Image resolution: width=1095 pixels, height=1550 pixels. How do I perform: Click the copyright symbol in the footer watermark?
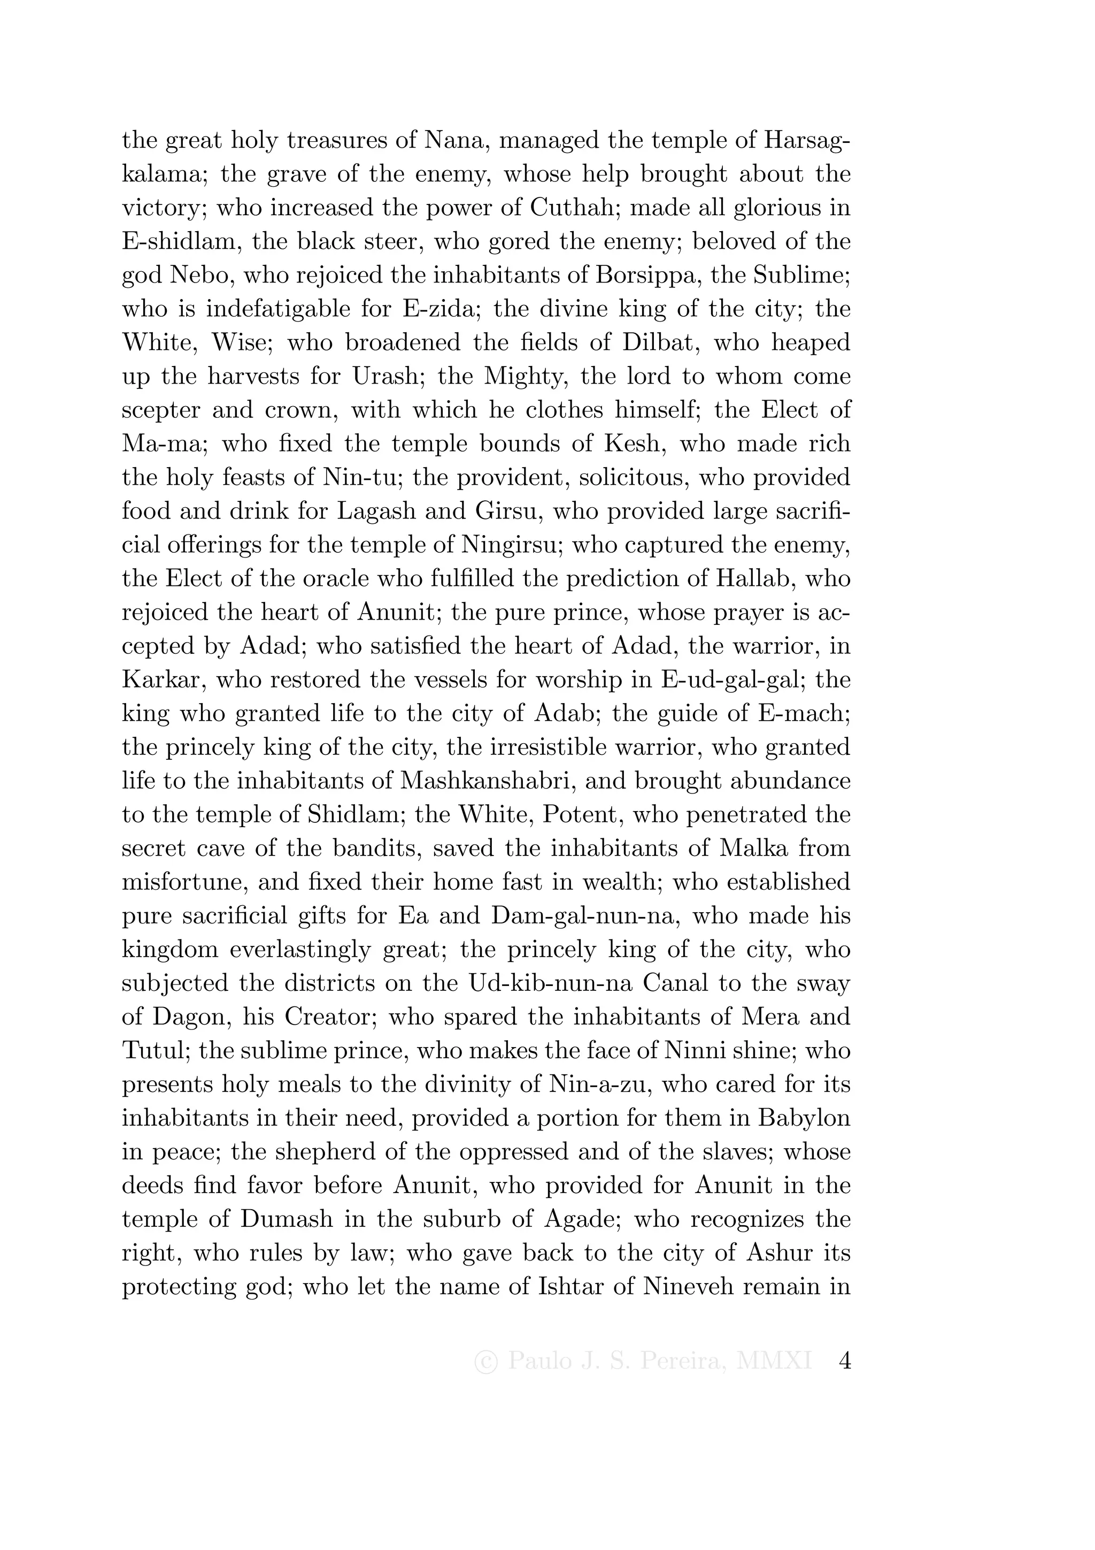[486, 1362]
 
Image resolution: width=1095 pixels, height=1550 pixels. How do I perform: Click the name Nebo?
[200, 275]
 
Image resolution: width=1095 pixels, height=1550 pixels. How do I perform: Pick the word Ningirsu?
[513, 545]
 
